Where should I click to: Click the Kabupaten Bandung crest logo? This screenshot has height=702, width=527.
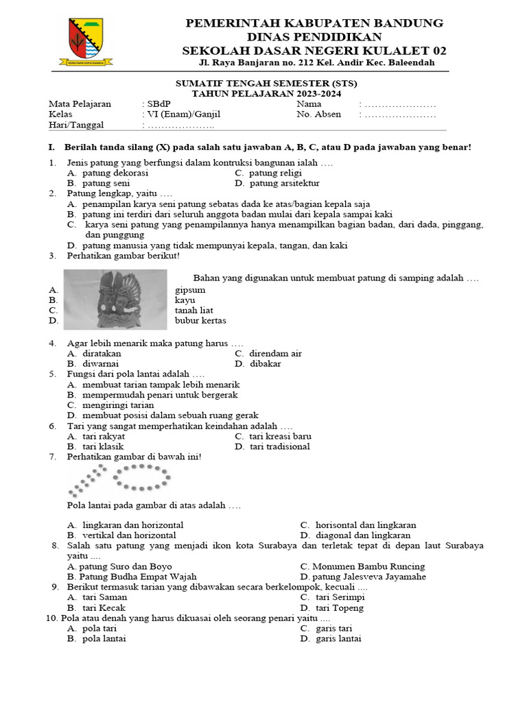point(86,42)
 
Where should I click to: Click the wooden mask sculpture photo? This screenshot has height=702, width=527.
point(115,300)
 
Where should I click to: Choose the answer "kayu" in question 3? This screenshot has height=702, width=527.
point(185,300)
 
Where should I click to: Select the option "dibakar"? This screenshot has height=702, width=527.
point(265,364)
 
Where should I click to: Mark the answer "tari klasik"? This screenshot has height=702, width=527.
point(103,447)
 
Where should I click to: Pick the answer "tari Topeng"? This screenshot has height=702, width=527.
point(340,608)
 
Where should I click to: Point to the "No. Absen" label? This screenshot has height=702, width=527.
point(318,114)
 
